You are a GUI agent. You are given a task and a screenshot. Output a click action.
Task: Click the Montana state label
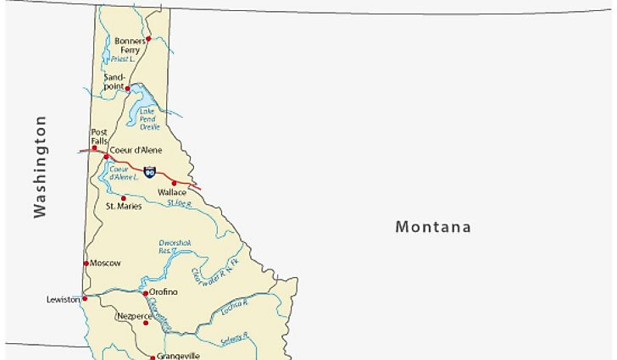[433, 227]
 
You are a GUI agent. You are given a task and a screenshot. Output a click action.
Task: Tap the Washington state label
[40, 167]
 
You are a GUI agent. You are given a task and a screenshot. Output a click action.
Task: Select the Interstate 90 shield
[149, 172]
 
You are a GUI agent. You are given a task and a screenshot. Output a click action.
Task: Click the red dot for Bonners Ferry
[148, 38]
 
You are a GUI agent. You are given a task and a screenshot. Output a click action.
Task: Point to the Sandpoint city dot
[128, 87]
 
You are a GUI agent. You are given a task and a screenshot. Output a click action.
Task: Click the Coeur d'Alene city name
[136, 151]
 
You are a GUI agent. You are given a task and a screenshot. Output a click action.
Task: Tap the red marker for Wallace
[175, 183]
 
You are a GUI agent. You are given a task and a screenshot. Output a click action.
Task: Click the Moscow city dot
[86, 263]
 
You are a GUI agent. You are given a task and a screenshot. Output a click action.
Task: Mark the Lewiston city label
[63, 299]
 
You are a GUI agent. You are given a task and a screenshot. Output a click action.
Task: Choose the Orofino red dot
[145, 293]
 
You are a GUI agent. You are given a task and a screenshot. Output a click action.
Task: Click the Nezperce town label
[131, 315]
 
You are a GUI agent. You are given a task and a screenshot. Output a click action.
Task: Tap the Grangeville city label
[177, 356]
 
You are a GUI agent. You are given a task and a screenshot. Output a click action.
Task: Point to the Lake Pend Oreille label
[149, 119]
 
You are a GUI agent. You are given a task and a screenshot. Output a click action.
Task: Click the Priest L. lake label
[125, 59]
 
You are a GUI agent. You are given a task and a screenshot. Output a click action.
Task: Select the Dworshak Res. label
[175, 246]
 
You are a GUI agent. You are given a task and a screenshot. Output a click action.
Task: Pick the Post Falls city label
[99, 136]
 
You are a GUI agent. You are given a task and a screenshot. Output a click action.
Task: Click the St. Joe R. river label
[180, 204]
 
